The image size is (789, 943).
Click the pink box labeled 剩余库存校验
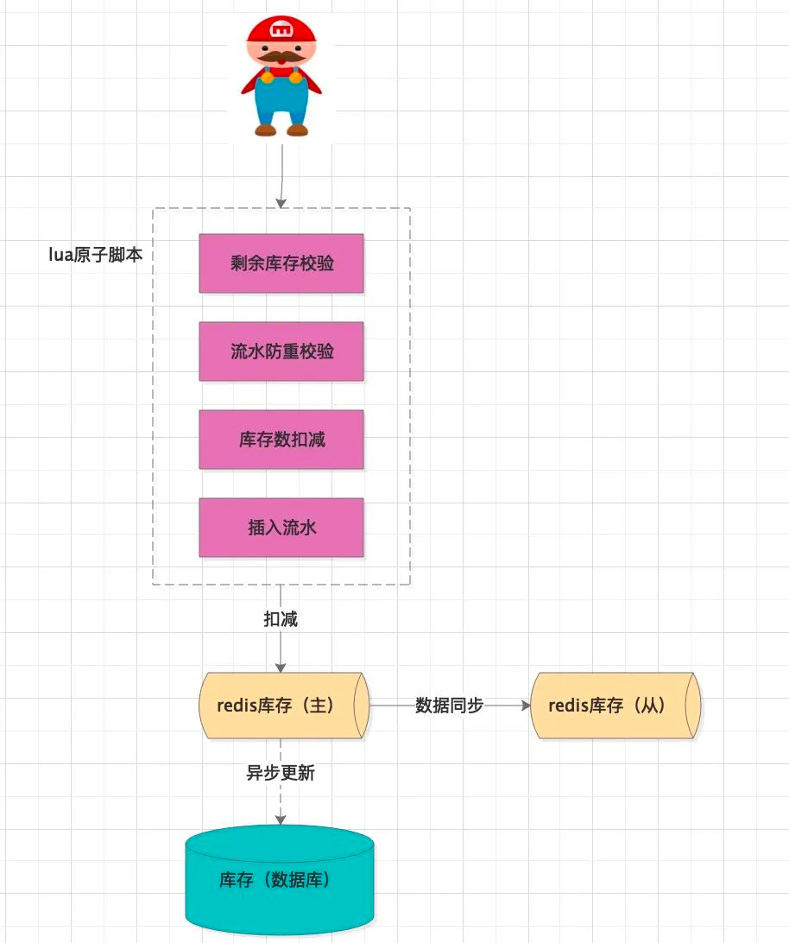(x=281, y=263)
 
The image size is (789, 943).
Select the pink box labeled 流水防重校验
(x=281, y=351)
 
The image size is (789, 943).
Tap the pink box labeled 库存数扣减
(x=281, y=440)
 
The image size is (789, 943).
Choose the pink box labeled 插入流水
(x=281, y=528)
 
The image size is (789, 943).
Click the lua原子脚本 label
(x=96, y=255)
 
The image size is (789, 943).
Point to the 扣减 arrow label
(x=281, y=619)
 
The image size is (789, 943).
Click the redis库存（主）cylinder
(x=284, y=706)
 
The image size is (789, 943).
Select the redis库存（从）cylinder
(x=615, y=706)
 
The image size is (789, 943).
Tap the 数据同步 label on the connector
(x=449, y=705)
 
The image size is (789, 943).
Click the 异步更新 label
(x=281, y=773)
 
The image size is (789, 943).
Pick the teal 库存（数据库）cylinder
(x=280, y=879)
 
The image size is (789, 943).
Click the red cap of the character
(x=281, y=30)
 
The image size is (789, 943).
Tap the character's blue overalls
(x=281, y=99)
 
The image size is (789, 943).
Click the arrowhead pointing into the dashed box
(x=281, y=203)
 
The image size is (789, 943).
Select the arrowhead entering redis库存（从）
(x=526, y=706)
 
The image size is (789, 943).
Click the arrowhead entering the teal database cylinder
(x=281, y=820)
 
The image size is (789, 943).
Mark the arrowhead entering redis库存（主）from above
(x=281, y=667)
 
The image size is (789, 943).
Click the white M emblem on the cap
(x=281, y=28)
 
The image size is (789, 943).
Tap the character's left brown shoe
(x=265, y=130)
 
